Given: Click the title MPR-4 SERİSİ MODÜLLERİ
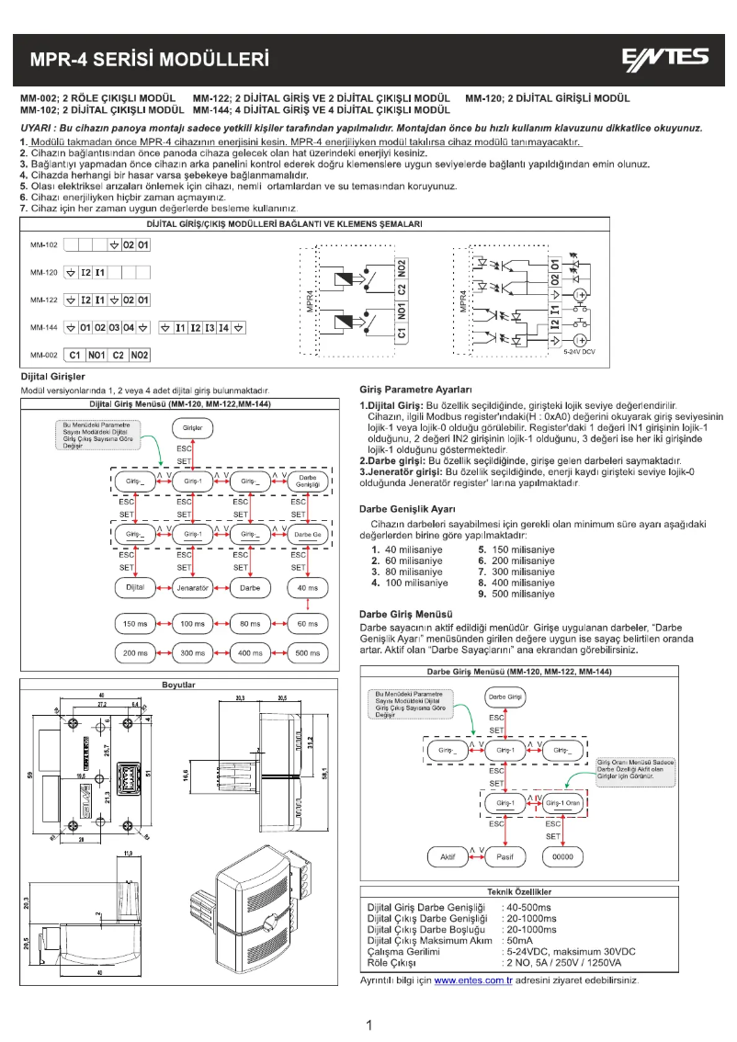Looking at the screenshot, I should pos(149,61).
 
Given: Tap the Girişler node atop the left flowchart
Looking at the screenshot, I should pos(193,428).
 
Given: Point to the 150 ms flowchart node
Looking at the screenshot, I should pos(135,624).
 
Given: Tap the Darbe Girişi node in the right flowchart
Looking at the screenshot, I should pos(505,697).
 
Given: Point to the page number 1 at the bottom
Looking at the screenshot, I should pos(368,1025).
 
